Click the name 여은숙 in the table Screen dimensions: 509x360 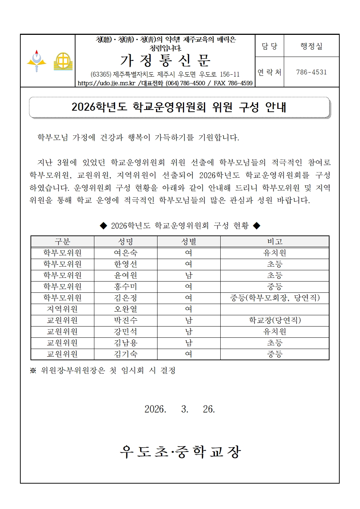[126, 253]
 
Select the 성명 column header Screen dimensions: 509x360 [126, 242]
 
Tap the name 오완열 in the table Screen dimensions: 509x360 [126, 309]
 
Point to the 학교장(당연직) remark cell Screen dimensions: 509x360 [275, 320]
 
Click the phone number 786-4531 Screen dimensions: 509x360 [311, 72]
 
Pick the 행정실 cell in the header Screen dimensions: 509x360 [311, 46]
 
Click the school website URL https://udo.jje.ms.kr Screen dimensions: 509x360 [106, 83]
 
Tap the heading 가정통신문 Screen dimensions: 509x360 [165, 61]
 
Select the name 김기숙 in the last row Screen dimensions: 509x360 [126, 354]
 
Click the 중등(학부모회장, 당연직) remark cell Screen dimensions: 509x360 [275, 298]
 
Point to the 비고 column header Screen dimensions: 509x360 [275, 242]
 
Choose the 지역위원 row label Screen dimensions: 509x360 [62, 309]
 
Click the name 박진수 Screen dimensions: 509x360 [126, 320]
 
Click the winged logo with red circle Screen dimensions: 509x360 [37, 61]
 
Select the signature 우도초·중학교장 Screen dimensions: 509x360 [180, 452]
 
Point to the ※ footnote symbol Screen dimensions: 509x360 [33, 370]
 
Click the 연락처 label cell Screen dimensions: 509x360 [269, 72]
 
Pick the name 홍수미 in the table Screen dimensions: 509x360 [126, 287]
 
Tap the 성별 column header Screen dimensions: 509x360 [189, 242]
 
